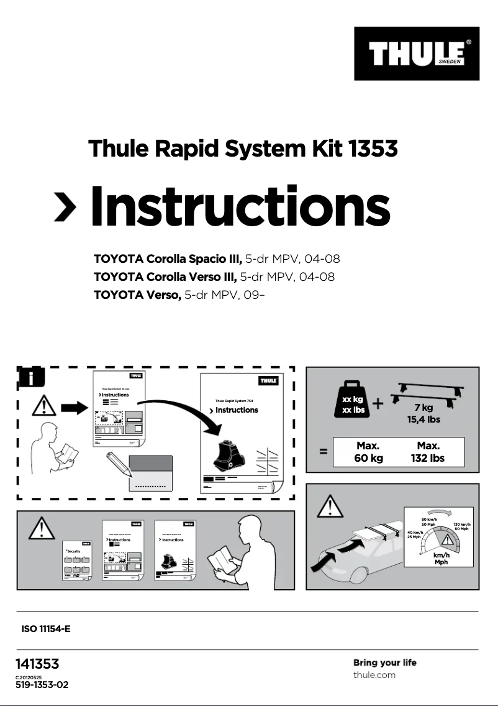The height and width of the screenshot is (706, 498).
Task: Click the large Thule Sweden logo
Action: tap(417, 53)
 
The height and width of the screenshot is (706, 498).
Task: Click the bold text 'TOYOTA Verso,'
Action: tap(137, 295)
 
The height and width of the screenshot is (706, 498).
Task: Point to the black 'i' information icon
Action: tap(29, 378)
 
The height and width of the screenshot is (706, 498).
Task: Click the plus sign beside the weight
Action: tap(379, 404)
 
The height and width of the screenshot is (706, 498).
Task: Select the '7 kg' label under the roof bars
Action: tap(423, 408)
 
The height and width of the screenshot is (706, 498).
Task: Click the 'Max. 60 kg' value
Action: tap(368, 452)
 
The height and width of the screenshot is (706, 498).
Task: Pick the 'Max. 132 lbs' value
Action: tap(428, 452)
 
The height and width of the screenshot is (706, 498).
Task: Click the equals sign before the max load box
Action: tap(324, 452)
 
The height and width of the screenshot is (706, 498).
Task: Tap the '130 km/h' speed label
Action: tap(461, 525)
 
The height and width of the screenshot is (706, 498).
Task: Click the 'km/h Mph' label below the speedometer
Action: tap(441, 559)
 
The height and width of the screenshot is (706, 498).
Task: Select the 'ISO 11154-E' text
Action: tap(46, 629)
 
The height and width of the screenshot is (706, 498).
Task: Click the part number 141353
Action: tap(37, 664)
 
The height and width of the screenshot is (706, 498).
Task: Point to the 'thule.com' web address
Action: tap(374, 676)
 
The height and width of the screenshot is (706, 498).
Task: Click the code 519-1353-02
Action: tap(42, 685)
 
